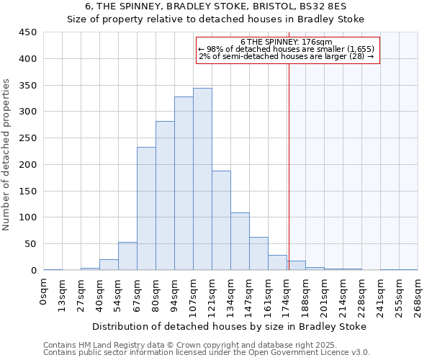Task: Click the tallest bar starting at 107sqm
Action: tap(202, 179)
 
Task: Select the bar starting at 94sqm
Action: tap(184, 184)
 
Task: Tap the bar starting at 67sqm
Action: tap(146, 209)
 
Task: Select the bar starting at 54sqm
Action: tap(127, 256)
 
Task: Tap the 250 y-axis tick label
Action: tap(28, 138)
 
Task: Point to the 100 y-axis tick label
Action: tap(28, 217)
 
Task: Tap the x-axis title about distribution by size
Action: tap(230, 326)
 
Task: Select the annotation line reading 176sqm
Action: tap(287, 42)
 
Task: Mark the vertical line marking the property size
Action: tap(289, 166)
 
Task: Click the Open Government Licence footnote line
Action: tap(207, 352)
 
